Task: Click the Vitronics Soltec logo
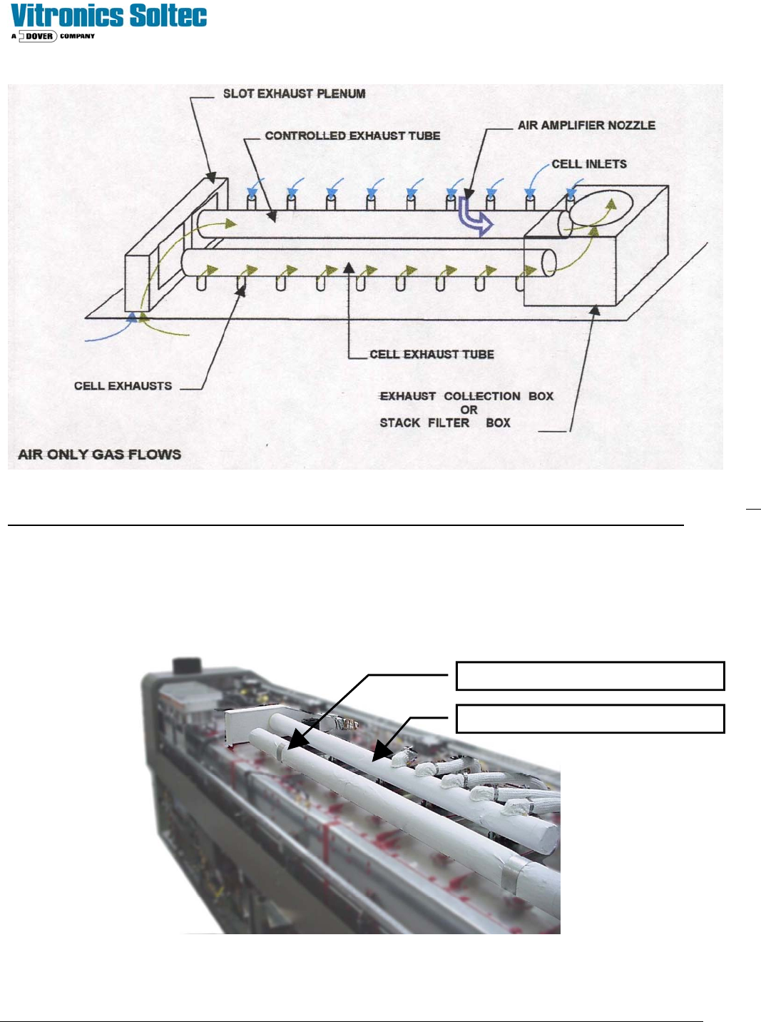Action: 108,16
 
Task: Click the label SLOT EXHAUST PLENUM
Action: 294,93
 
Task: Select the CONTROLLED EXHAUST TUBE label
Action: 352,136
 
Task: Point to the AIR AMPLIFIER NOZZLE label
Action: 586,125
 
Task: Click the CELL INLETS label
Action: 589,164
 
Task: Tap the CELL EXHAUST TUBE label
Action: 431,354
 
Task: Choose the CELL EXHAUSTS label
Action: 123,386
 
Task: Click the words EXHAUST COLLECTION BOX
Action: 466,396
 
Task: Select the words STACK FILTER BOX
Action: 445,423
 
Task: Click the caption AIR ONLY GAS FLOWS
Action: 99,455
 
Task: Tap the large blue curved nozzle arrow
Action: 475,216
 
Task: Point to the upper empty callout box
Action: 590,676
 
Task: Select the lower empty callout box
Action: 590,719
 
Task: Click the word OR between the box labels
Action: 469,410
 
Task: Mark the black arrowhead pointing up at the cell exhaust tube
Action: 349,268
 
